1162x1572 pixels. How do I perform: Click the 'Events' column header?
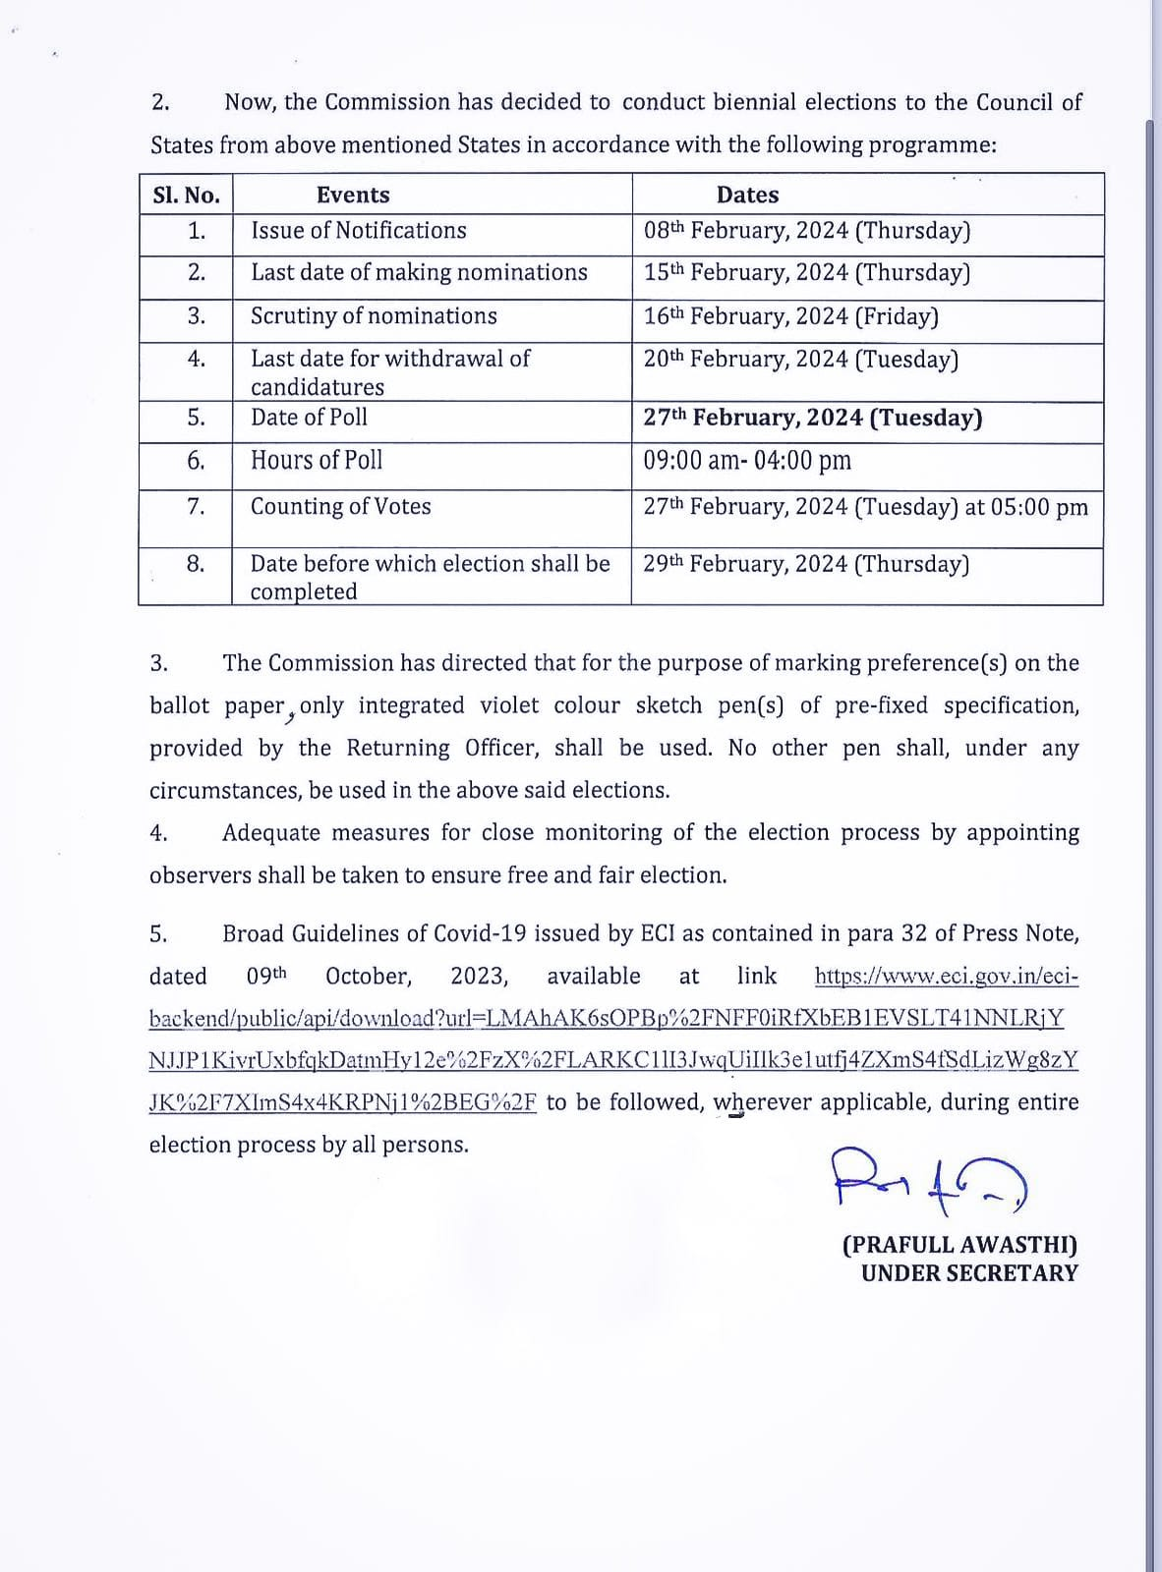(353, 195)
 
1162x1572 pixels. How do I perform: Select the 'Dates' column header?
(747, 195)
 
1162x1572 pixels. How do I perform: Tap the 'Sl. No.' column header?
(187, 195)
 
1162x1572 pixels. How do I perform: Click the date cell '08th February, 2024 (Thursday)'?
(806, 231)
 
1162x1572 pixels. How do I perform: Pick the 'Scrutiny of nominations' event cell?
(374, 316)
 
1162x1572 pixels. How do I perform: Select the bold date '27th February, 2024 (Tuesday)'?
(812, 418)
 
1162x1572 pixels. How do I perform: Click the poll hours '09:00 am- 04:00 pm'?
(747, 461)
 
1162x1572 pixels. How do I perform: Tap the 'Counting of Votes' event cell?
(340, 507)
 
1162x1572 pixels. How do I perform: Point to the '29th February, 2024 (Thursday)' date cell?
(806, 564)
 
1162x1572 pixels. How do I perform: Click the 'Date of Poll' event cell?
(309, 418)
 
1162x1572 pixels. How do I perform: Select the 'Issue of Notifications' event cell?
(359, 231)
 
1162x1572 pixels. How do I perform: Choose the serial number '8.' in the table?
(196, 564)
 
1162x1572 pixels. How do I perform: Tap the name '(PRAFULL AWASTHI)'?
(959, 1245)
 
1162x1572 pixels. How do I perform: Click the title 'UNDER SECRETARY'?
(969, 1273)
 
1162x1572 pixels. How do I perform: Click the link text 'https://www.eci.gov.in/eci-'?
(946, 977)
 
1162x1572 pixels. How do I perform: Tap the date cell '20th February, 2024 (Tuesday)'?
(800, 360)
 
